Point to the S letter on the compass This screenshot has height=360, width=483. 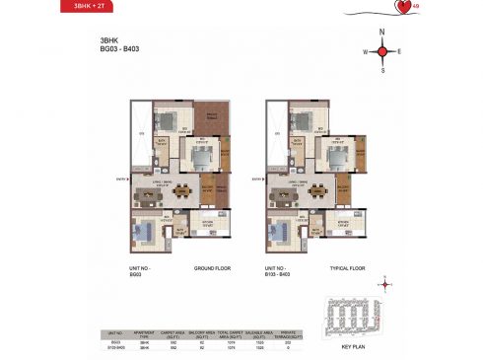point(383,70)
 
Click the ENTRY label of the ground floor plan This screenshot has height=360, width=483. point(119,179)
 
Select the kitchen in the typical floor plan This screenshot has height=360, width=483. point(346,223)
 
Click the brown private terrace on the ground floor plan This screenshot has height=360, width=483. point(210,124)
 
